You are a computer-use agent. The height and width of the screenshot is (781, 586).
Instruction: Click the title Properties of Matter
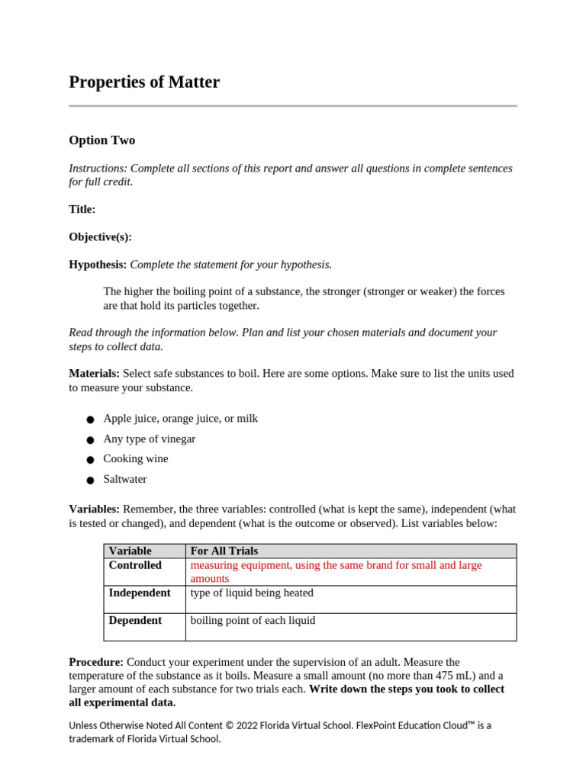coord(144,82)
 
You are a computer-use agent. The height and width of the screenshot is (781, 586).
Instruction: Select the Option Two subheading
coord(101,140)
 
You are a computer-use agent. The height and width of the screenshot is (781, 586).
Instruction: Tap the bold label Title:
coord(82,209)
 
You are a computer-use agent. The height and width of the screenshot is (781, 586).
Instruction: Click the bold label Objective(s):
coord(100,237)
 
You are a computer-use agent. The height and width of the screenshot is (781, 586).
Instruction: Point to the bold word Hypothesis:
coord(98,265)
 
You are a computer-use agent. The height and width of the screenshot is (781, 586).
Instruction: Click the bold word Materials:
coord(94,374)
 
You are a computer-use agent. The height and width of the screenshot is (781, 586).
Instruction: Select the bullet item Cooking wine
coord(136,459)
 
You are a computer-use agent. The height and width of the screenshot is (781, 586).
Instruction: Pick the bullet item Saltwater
coord(125,480)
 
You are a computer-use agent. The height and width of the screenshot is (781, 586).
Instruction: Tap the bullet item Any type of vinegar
coord(150,439)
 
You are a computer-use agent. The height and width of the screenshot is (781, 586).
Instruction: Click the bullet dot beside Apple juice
coord(90,419)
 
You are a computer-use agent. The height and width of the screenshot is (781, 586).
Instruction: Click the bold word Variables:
coord(94,509)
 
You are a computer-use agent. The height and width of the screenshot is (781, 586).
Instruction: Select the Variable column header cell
coord(130,551)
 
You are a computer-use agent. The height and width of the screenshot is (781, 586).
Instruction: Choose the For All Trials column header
coord(224,551)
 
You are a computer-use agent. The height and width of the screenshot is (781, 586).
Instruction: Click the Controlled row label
coord(135,565)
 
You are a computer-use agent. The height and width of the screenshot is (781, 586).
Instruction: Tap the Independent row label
coord(139,593)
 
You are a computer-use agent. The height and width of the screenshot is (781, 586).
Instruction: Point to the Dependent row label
coord(135,621)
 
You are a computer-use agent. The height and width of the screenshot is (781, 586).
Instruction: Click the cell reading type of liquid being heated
coord(252,593)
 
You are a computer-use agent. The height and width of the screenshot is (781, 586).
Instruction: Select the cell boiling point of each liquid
coord(253,621)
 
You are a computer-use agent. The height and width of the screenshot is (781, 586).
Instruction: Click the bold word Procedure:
coord(96,662)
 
